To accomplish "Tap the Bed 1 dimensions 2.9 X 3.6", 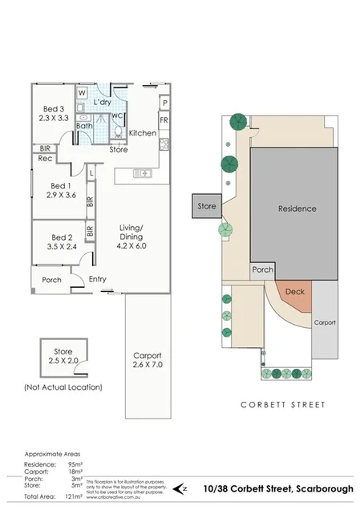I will [x=62, y=195].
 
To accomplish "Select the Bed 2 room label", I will [x=62, y=237].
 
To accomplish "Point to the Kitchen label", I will [x=143, y=133].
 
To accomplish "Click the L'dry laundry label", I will [x=103, y=104].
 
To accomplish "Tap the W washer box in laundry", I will [x=82, y=93].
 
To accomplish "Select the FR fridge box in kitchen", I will [x=164, y=120].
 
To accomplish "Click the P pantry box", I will [x=164, y=103].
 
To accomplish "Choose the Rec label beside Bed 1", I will [x=45, y=158].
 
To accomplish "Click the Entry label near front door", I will [x=97, y=279].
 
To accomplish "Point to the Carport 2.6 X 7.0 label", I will [x=148, y=360].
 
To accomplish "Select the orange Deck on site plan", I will [x=294, y=293].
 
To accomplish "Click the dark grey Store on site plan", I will [x=206, y=206].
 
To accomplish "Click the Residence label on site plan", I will [x=297, y=208].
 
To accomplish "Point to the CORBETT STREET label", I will [x=283, y=405].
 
